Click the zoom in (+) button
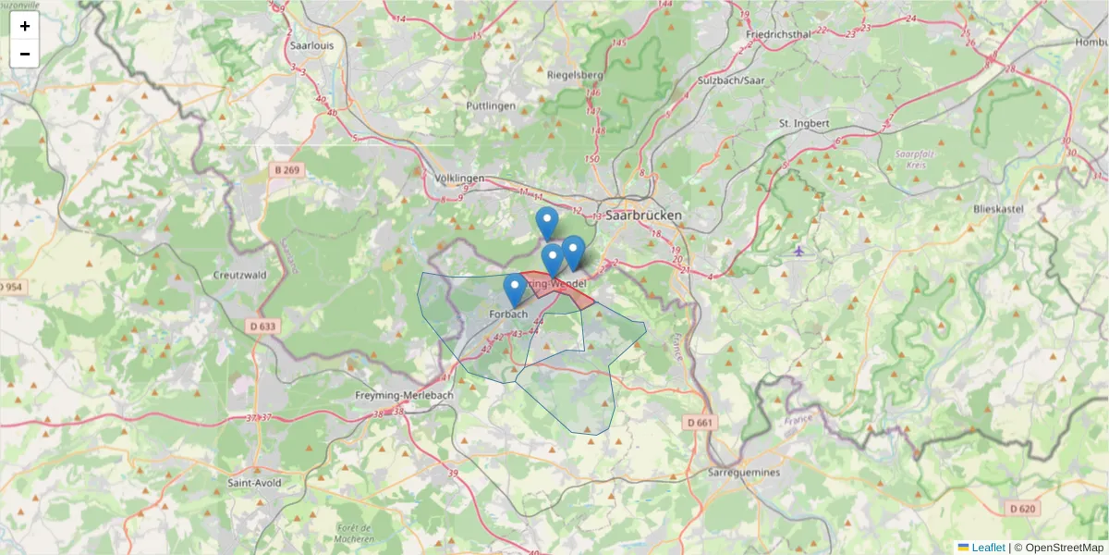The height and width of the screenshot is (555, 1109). click(25, 26)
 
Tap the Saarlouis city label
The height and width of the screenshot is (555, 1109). click(311, 44)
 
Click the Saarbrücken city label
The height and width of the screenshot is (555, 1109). click(644, 215)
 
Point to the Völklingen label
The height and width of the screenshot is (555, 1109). click(459, 178)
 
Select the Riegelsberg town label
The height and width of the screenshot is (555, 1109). click(575, 75)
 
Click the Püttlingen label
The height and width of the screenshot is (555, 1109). click(492, 106)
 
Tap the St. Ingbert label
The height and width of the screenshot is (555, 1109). click(804, 123)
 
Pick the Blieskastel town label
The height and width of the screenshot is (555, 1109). click(998, 210)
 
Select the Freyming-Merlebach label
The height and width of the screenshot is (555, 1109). click(404, 396)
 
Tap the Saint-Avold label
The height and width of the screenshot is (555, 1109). click(254, 483)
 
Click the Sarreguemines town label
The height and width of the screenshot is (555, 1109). click(744, 472)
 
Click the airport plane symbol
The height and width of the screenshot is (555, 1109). click(799, 251)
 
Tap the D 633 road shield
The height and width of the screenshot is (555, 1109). click(262, 326)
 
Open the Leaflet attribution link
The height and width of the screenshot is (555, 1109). click(987, 548)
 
